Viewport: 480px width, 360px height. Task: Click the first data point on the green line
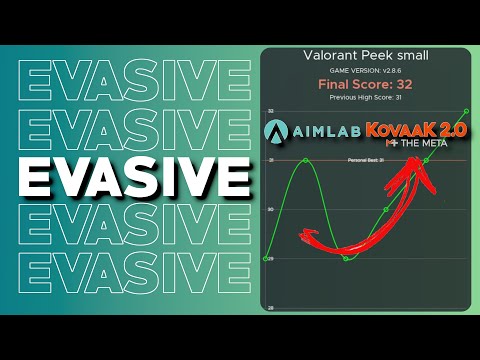click(x=266, y=259)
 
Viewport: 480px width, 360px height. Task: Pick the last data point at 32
click(x=466, y=110)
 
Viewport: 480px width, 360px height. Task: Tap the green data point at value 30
click(x=386, y=210)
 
